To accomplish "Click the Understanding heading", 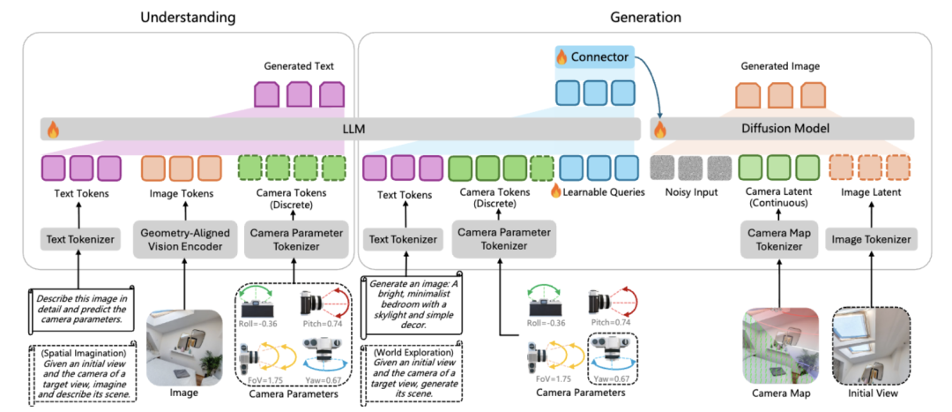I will pos(187,17).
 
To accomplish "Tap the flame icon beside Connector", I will pos(562,58).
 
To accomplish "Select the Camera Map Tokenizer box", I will pos(777,239).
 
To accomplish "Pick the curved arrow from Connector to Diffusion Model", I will pos(651,84).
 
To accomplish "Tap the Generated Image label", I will pos(779,65).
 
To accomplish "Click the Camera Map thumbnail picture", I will pos(777,345).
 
